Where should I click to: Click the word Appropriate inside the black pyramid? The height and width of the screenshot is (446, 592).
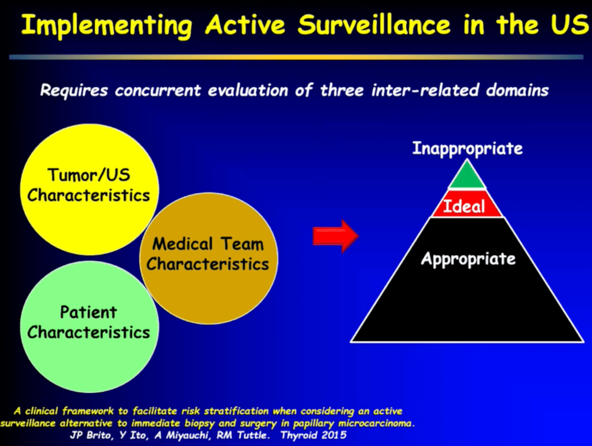coord(468,259)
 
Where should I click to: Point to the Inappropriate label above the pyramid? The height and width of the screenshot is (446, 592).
coord(467,149)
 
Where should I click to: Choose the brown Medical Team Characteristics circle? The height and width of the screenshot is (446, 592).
coord(208,255)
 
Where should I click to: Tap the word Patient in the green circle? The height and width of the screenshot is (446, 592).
coord(89,313)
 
